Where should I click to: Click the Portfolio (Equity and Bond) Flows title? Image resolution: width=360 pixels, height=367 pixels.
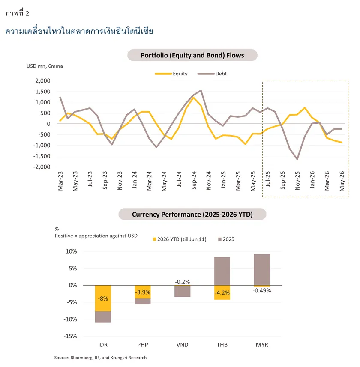[192, 55]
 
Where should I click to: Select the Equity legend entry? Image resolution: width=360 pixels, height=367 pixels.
[171, 74]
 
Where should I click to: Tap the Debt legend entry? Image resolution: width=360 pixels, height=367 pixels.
[212, 74]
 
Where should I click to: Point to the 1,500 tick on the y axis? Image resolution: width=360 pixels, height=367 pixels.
[43, 92]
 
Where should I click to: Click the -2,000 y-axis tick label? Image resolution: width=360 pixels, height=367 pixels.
[42, 167]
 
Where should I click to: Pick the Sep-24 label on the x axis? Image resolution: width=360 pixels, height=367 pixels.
[194, 180]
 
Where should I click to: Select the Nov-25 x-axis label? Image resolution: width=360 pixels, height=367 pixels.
[297, 181]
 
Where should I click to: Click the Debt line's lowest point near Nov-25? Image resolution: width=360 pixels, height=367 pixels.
[297, 159]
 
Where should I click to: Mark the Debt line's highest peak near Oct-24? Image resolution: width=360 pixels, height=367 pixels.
[201, 90]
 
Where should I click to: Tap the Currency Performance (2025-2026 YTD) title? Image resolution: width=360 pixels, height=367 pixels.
[192, 215]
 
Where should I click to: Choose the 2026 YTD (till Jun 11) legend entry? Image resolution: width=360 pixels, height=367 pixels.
[180, 239]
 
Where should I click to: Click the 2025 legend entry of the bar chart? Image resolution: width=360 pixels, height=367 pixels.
[226, 239]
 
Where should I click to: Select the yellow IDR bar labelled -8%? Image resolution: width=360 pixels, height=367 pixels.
[103, 298]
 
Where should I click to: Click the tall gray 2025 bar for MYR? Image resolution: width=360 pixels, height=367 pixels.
[262, 270]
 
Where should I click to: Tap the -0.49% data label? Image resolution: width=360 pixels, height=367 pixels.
[262, 291]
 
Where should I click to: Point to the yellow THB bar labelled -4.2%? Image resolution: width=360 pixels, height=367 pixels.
[222, 292]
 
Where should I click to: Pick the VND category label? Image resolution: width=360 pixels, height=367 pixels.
[182, 345]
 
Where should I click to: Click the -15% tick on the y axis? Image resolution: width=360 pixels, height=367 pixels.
[70, 336]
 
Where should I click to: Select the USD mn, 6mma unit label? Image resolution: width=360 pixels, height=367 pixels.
[45, 66]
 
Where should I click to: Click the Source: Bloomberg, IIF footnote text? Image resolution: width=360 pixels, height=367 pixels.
[100, 358]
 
